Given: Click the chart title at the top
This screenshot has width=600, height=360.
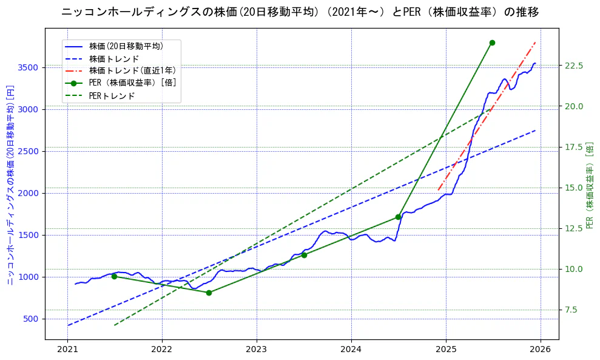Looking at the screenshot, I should click(300, 12).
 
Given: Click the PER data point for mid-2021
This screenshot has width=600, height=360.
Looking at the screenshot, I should click(114, 276).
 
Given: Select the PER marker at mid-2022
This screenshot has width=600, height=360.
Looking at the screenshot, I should click(209, 293).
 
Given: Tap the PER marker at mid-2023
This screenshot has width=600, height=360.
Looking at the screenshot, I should click(304, 255).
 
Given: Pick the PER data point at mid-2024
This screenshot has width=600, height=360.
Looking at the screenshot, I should click(398, 217).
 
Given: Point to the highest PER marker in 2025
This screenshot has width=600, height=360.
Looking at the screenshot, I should click(492, 42).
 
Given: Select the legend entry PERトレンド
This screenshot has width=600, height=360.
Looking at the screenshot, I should click(112, 96).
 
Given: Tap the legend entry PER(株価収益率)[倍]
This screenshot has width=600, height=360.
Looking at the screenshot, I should click(132, 83).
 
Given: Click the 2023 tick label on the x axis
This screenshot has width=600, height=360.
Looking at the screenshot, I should click(257, 350).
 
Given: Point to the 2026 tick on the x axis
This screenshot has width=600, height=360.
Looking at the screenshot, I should click(541, 350).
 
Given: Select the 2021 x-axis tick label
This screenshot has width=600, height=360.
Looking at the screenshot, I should click(67, 350).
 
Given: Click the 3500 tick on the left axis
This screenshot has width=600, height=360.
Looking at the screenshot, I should click(30, 67).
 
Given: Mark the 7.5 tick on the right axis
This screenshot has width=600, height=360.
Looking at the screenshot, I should click(571, 310).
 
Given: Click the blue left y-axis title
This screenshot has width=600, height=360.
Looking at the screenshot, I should click(10, 185).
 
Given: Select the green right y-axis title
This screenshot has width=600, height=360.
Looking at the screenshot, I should click(590, 185).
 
